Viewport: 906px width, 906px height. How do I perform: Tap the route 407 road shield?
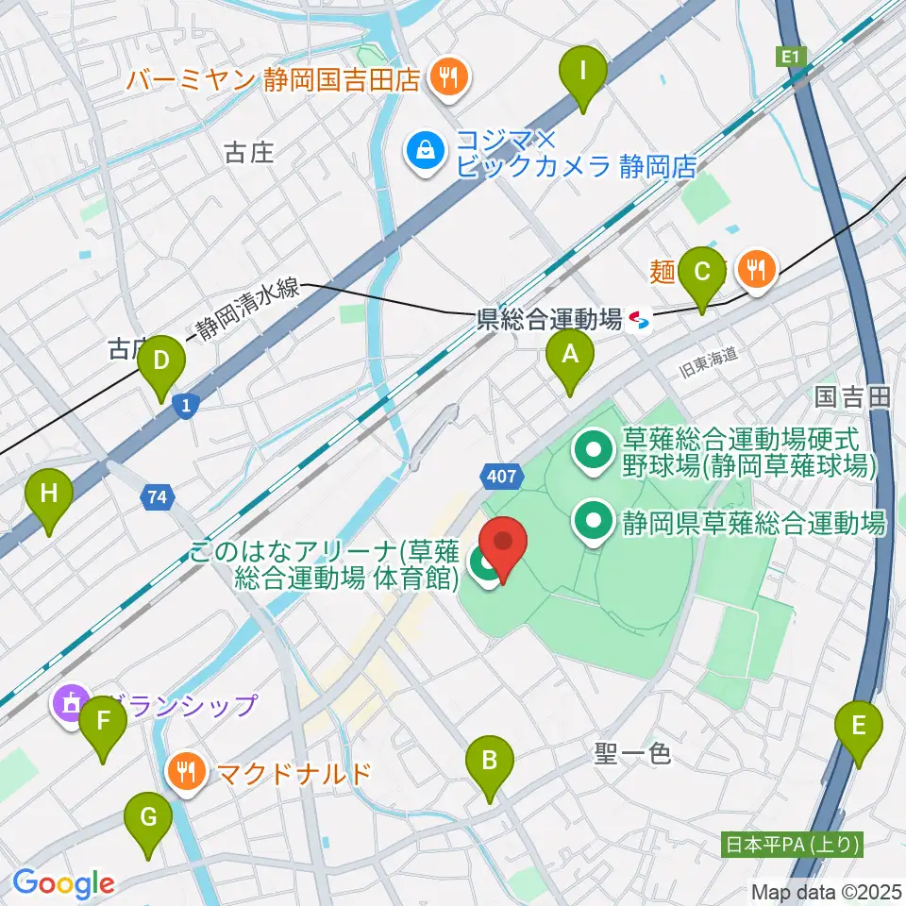coord(501,477)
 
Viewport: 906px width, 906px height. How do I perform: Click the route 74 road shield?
coord(158,496)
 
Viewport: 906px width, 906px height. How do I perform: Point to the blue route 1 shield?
coord(187,406)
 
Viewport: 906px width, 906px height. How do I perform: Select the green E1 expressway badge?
coord(792,59)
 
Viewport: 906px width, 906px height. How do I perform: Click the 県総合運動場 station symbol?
coord(640,322)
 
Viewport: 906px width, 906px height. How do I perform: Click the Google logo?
coord(64,882)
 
